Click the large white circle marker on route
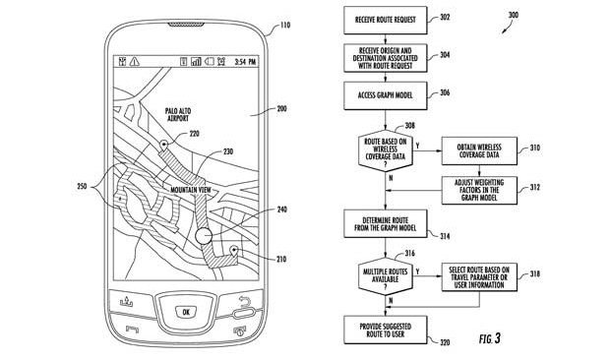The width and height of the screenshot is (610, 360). click(x=204, y=236)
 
